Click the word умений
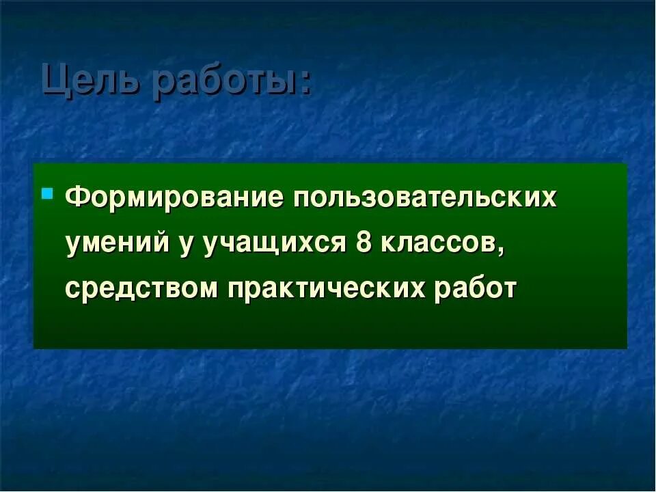coord(117,243)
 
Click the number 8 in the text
coord(364,243)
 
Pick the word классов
coord(440,243)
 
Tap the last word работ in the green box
coord(476,288)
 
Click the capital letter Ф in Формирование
coord(77,198)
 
